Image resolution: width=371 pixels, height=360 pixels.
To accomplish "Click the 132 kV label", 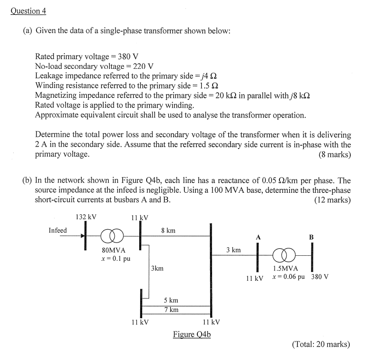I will tap(86, 217).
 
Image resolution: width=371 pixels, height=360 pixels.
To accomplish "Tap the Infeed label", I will tap(58, 230).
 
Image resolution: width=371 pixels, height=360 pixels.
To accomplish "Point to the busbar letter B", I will tap(311, 237).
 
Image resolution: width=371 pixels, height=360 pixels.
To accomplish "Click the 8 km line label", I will tap(168, 230).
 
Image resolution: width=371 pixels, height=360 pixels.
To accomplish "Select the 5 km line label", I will tap(171, 300).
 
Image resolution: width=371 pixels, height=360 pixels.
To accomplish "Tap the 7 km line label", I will tap(171, 310).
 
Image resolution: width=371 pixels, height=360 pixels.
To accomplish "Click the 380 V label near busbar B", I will tap(320, 276).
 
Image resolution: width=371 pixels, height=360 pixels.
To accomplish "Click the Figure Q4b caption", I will tap(192, 334).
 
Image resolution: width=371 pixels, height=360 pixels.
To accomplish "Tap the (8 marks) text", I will tap(335, 154).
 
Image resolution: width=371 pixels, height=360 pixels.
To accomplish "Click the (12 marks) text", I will tap(333, 200).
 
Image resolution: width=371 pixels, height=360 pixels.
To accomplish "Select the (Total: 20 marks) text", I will tap(321, 344).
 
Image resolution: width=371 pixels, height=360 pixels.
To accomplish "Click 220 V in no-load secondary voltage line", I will tap(144, 66).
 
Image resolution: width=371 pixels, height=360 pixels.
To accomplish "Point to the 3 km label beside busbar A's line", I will tap(233, 250).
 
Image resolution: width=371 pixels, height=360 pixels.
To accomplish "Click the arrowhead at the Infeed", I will tap(83, 236).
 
